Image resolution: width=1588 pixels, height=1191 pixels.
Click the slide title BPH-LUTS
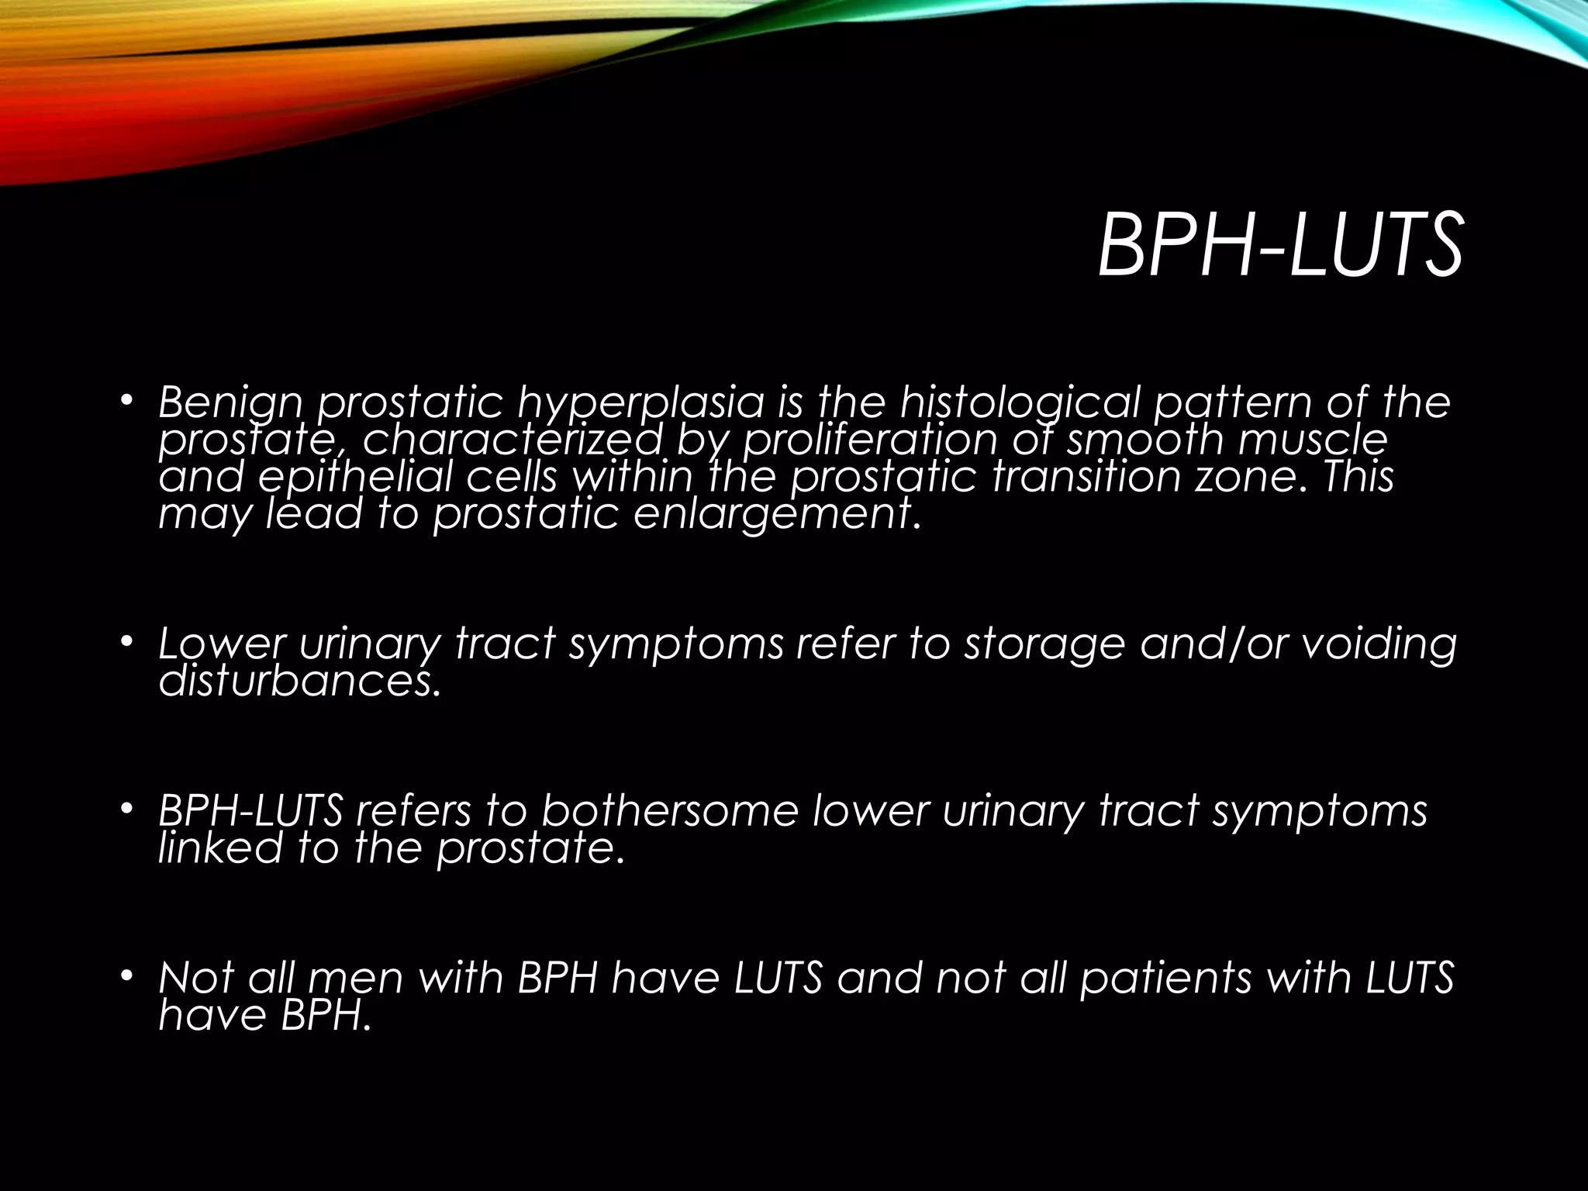1279,247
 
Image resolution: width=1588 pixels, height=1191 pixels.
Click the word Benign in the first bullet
230,403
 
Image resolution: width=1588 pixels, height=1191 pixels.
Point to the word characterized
512,440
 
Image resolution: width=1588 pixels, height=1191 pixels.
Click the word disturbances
299,681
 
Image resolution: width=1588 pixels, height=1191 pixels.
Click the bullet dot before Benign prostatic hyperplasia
127,401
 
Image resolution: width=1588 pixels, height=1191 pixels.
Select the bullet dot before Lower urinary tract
127,642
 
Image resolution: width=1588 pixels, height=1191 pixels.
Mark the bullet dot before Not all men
127,975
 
